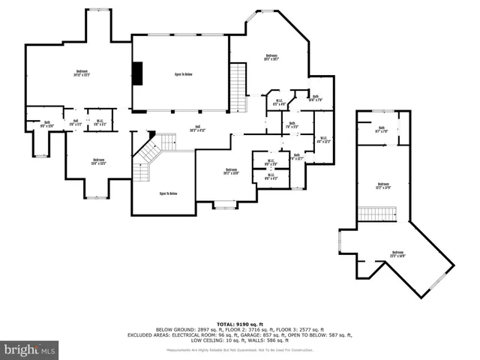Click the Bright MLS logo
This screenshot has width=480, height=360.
click(30, 349)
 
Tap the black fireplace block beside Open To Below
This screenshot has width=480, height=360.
click(137, 73)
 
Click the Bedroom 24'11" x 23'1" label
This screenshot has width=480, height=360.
click(76, 73)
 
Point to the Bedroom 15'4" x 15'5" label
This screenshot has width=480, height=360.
click(99, 160)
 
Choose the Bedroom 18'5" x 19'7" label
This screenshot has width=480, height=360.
click(271, 56)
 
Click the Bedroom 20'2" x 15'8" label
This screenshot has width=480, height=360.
click(231, 172)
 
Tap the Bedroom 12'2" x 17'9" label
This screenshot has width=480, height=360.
click(383, 185)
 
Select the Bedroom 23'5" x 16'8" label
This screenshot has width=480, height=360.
click(397, 254)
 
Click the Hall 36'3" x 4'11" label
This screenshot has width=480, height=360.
click(198, 127)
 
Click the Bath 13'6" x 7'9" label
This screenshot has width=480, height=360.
click(316, 97)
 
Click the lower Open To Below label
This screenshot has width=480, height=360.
click(168, 193)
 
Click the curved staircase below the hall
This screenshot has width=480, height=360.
click(150, 157)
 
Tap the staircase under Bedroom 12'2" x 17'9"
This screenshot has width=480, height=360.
click(377, 214)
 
